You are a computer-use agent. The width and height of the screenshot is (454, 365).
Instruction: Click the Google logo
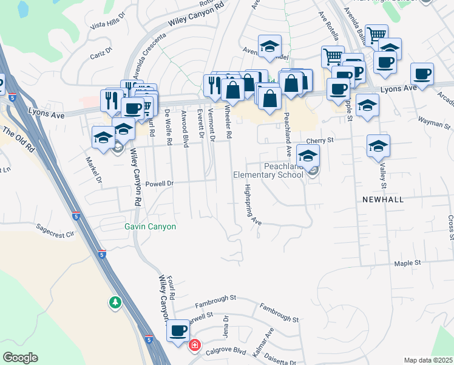(20, 358)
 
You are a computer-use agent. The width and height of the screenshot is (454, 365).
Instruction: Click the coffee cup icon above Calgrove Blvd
(178, 330)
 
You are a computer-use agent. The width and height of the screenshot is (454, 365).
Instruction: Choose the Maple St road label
(407, 263)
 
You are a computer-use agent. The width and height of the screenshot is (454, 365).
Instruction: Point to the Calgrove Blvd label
(225, 352)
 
